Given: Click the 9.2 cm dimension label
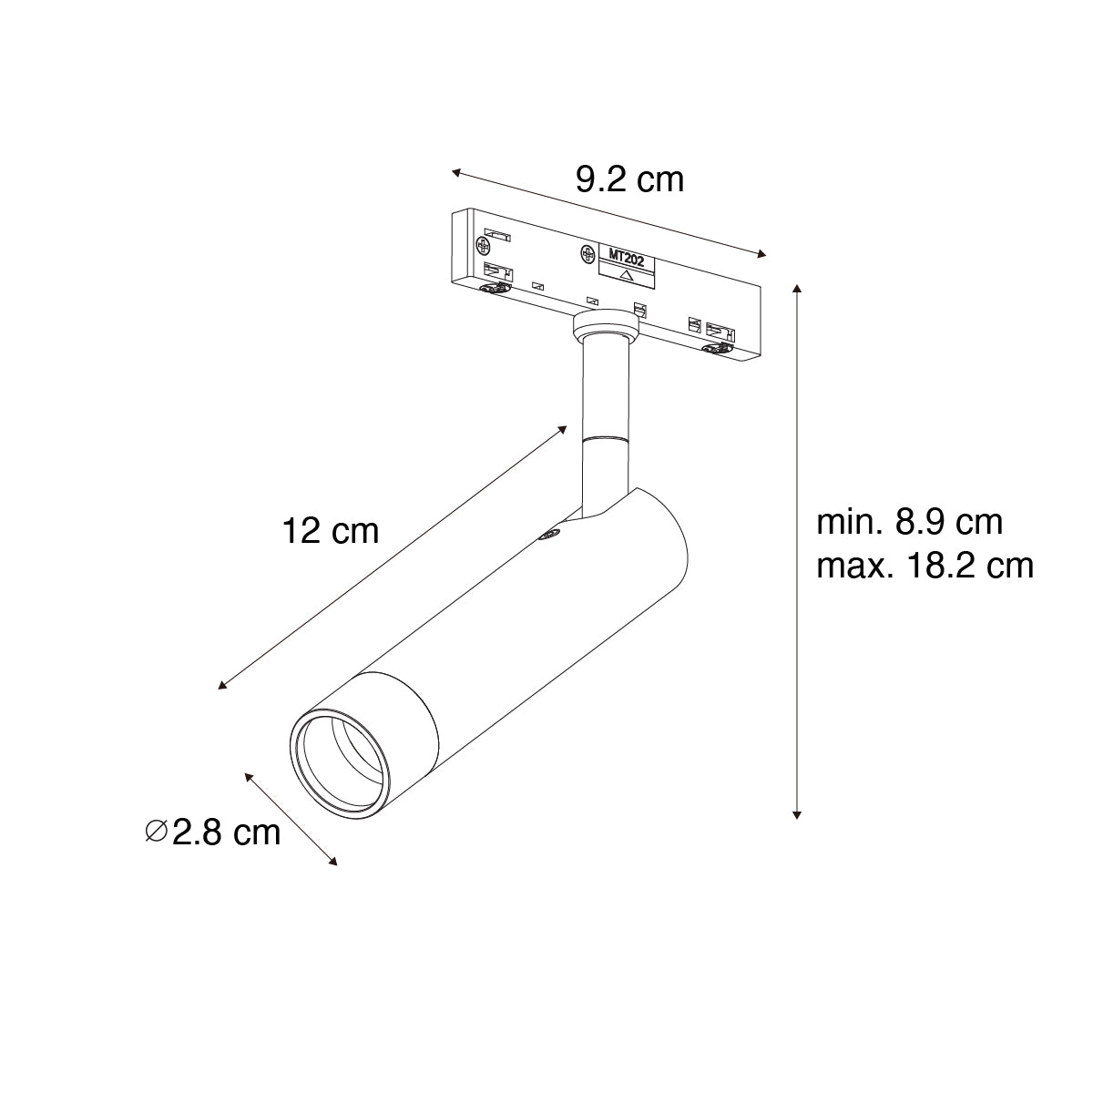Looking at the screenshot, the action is point(629,179).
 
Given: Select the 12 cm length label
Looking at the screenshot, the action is point(330,531).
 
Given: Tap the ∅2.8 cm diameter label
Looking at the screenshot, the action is point(213,833).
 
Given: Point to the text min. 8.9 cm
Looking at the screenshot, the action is point(910,522).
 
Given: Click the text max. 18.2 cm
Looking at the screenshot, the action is point(925,566).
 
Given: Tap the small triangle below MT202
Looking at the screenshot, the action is point(626,276).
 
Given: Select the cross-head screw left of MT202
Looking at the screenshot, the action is point(587,255).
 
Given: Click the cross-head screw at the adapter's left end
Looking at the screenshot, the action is point(483,245).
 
